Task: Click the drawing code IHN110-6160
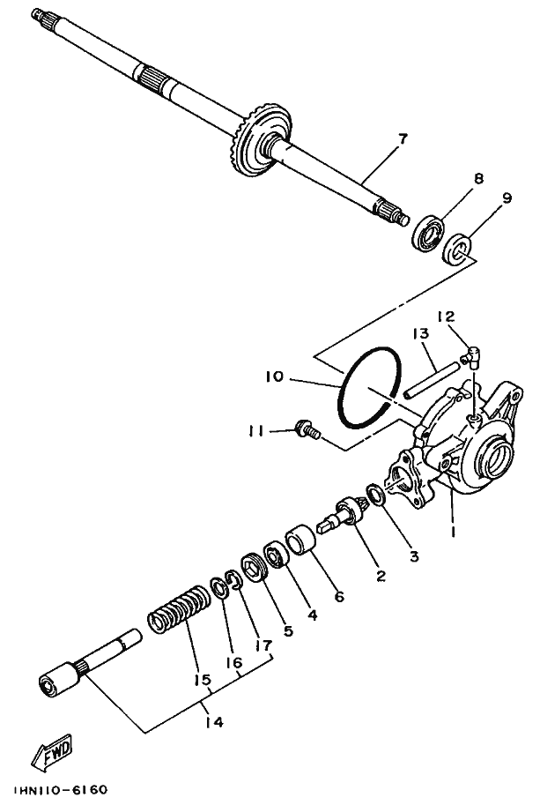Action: coord(61,790)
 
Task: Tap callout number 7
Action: coord(402,138)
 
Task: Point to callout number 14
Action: coord(212,721)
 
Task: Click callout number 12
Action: coord(445,316)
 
